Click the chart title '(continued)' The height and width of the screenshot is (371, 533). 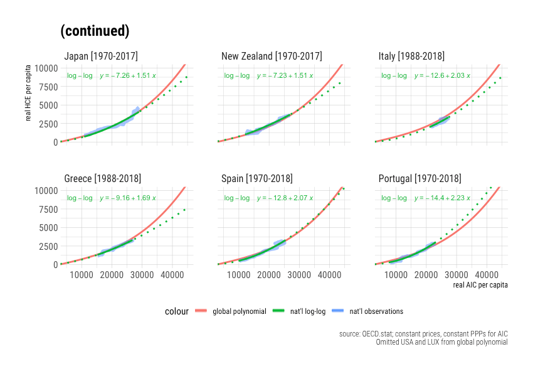point(95,31)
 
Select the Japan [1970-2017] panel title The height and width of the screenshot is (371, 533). point(101,56)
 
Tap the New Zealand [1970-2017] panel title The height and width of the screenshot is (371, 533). point(272,56)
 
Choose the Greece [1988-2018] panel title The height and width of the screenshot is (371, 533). point(102,179)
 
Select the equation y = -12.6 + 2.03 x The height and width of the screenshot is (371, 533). point(441,76)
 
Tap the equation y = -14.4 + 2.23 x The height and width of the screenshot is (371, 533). point(441,198)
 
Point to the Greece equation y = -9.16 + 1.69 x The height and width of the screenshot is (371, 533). point(127,198)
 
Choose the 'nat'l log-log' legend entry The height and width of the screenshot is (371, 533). point(305,311)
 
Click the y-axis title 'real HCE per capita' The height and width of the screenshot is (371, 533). point(28,104)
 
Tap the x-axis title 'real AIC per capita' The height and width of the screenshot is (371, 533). point(480,285)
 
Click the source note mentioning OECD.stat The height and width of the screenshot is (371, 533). point(423,335)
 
